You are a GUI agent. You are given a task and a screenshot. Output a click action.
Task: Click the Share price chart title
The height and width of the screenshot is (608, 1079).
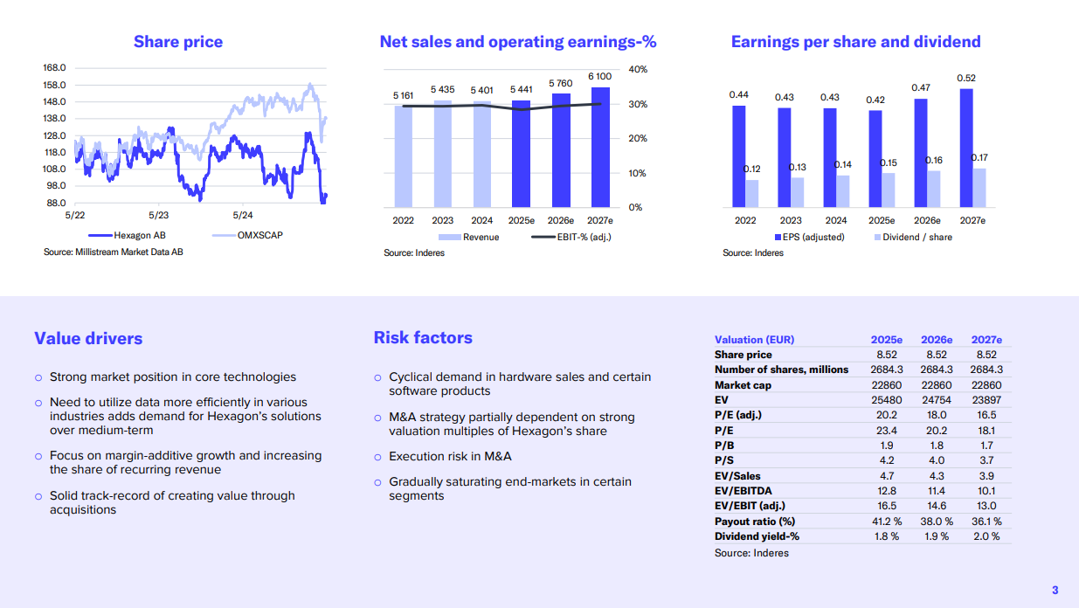coord(177,42)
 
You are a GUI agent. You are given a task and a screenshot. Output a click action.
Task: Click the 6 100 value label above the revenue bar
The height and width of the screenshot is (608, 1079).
coord(599,77)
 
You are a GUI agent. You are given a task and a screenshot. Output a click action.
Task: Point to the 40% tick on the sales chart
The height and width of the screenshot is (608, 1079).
coord(637,69)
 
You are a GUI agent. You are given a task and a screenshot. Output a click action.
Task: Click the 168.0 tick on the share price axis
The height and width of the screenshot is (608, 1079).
coord(55,68)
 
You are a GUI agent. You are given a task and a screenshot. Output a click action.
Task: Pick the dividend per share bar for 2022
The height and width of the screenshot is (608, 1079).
coord(752,193)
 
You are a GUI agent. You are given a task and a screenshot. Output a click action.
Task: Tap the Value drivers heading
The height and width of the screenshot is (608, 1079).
coord(88,339)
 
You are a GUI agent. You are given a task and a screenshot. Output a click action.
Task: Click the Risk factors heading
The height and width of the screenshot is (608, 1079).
coord(423,338)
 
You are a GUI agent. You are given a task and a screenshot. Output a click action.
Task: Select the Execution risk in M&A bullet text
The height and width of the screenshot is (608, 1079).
coord(450,456)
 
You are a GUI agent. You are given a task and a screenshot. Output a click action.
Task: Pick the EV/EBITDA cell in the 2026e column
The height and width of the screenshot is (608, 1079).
coord(936,491)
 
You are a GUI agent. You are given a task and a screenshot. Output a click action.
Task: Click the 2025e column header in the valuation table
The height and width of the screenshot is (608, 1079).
coord(886,340)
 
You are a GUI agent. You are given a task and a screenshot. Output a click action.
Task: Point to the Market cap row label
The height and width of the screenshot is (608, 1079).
coord(744,385)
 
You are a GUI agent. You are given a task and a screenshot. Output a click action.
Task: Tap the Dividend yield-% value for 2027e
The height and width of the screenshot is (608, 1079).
coord(986,536)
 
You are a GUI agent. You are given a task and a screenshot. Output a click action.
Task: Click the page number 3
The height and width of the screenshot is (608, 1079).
coord(1055,589)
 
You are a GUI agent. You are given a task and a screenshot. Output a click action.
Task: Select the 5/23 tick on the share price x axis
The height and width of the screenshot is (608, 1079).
coord(158,215)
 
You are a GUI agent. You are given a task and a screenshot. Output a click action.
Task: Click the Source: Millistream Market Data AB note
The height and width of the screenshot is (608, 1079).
coord(114,252)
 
